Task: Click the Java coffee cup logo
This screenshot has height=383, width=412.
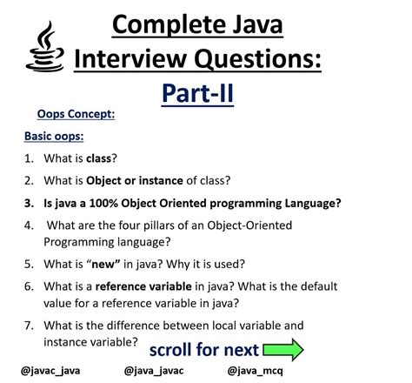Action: [x=45, y=47]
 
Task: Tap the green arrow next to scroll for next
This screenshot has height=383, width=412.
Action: [x=283, y=349]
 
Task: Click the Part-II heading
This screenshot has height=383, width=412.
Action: [x=197, y=93]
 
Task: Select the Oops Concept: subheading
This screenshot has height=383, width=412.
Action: [x=76, y=114]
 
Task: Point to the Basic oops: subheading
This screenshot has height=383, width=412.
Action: [x=54, y=136]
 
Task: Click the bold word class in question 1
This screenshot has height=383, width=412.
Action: [x=98, y=158]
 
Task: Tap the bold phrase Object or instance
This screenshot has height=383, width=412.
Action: [x=135, y=181]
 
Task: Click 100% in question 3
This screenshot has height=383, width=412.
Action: [x=103, y=203]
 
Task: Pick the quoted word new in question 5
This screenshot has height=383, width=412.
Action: [x=105, y=265]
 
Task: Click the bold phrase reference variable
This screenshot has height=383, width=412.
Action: [x=143, y=286]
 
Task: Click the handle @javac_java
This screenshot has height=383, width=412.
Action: [x=50, y=371]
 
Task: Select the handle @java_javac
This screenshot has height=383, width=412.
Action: [x=154, y=371]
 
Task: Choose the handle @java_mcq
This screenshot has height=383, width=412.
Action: [x=256, y=371]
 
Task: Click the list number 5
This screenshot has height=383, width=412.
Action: [x=29, y=265]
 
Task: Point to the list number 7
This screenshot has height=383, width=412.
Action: [x=29, y=326]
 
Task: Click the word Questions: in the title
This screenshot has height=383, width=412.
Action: [x=257, y=59]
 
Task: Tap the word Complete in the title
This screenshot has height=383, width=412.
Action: [x=169, y=25]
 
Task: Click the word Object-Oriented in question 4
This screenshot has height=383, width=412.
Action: [x=249, y=225]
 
